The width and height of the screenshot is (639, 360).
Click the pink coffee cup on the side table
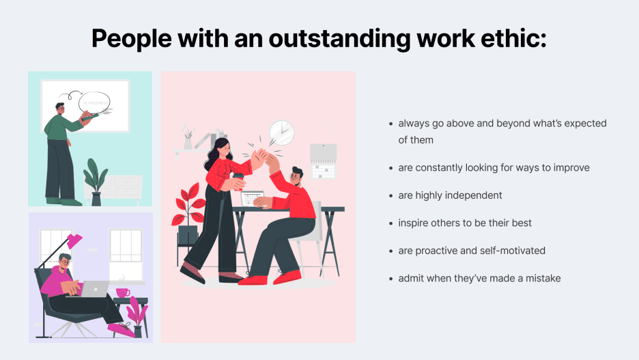click(x=123, y=292)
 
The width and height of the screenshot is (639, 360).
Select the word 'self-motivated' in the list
click(x=513, y=251)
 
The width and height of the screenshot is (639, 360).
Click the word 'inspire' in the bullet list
click(x=414, y=223)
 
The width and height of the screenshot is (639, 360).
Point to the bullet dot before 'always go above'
click(x=390, y=124)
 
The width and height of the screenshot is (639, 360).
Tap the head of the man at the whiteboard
click(x=61, y=109)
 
